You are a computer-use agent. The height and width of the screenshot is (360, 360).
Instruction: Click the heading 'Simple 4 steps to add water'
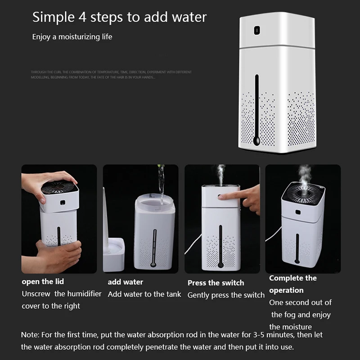pyautogui.click(x=119, y=18)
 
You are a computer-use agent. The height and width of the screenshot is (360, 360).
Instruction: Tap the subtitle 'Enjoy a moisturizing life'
pyautogui.click(x=72, y=37)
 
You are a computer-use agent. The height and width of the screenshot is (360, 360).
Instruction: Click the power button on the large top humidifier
pyautogui.click(x=256, y=32)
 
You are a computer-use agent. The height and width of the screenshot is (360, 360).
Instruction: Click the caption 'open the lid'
pyautogui.click(x=43, y=282)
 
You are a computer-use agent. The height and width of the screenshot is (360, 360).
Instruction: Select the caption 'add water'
pyautogui.click(x=126, y=282)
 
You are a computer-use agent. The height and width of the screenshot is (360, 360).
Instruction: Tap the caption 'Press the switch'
pyautogui.click(x=216, y=283)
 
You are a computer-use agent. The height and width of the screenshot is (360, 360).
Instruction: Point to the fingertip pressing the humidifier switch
pyautogui.click(x=223, y=195)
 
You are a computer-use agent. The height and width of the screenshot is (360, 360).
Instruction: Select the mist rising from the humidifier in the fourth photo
pyautogui.click(x=305, y=175)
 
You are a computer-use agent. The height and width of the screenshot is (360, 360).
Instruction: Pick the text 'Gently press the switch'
pyautogui.click(x=226, y=295)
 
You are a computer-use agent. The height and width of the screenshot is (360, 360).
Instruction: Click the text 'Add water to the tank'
pyautogui.click(x=144, y=294)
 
